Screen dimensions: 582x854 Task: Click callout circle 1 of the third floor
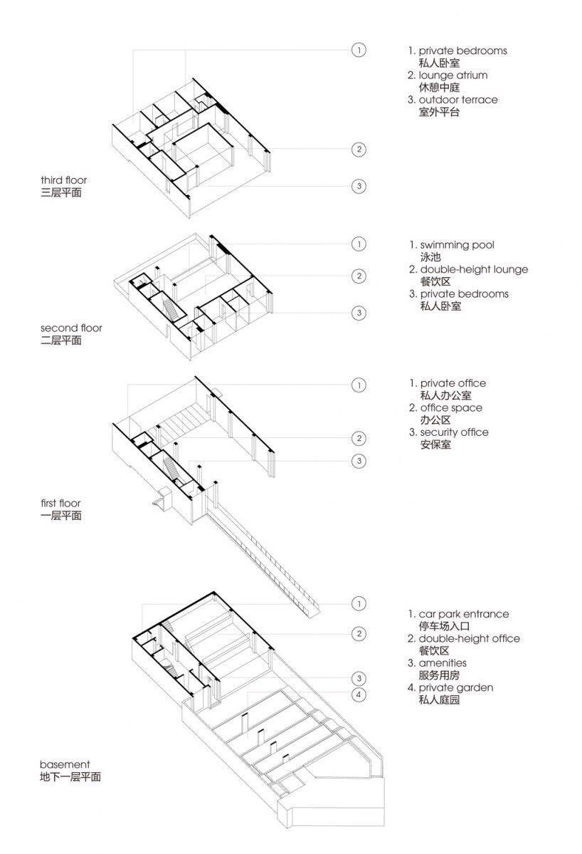359,50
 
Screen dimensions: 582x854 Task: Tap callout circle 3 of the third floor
359,186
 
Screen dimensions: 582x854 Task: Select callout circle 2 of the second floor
359,276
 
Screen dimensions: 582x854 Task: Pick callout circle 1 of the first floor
359,385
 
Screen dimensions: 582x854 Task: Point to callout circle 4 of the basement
359,694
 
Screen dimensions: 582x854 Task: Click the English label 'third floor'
63,180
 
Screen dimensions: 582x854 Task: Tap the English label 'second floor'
71,328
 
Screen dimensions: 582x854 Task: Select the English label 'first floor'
60,504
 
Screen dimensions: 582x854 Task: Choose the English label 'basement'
65,764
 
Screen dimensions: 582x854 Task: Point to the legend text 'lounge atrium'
453,75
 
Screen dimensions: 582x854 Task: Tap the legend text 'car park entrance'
463,614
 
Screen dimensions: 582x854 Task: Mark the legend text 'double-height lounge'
474,269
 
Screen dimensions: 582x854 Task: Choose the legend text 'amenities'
442,663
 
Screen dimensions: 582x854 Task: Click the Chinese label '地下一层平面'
70,776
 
